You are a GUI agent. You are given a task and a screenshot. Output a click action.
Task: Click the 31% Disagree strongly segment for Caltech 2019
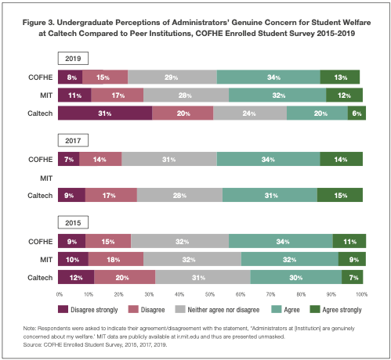[x=105, y=113]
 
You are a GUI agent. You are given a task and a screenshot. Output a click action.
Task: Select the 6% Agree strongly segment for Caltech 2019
[x=357, y=113]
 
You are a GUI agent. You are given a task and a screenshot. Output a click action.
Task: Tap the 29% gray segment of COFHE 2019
[x=172, y=77]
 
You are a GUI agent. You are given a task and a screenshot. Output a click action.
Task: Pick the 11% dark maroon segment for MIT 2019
[x=74, y=95]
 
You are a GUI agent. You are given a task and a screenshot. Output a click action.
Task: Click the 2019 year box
[x=73, y=59]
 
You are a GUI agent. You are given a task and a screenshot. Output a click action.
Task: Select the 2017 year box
[x=73, y=141]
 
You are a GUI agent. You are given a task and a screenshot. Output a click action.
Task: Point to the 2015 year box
[x=73, y=222]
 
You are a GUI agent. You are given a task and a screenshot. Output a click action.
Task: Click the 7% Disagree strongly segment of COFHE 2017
[x=69, y=159]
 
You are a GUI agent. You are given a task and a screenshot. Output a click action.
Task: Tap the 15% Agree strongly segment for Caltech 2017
[x=340, y=195]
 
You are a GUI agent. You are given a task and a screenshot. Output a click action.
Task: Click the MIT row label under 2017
[x=46, y=178]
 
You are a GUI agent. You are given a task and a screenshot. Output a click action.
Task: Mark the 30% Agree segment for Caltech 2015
[x=296, y=277]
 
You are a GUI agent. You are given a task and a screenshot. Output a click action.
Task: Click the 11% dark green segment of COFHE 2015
[x=349, y=241]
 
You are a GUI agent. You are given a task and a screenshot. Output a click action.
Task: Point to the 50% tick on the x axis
[x=210, y=294]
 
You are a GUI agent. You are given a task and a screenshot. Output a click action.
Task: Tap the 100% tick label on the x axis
[x=362, y=294]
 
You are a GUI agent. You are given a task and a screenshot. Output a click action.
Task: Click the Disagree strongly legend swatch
[x=63, y=309]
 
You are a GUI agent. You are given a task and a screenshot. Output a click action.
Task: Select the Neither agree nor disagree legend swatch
[x=180, y=309]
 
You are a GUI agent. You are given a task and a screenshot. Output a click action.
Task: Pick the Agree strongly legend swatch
[x=315, y=309]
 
